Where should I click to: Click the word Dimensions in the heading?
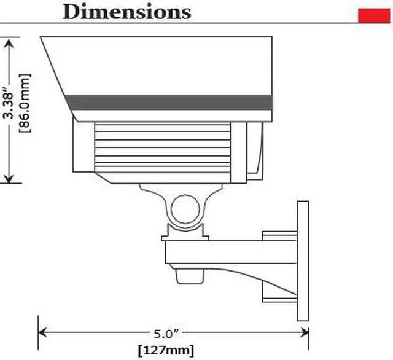[x=126, y=11]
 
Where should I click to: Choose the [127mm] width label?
[x=165, y=351]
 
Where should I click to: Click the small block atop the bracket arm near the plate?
[x=279, y=235]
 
